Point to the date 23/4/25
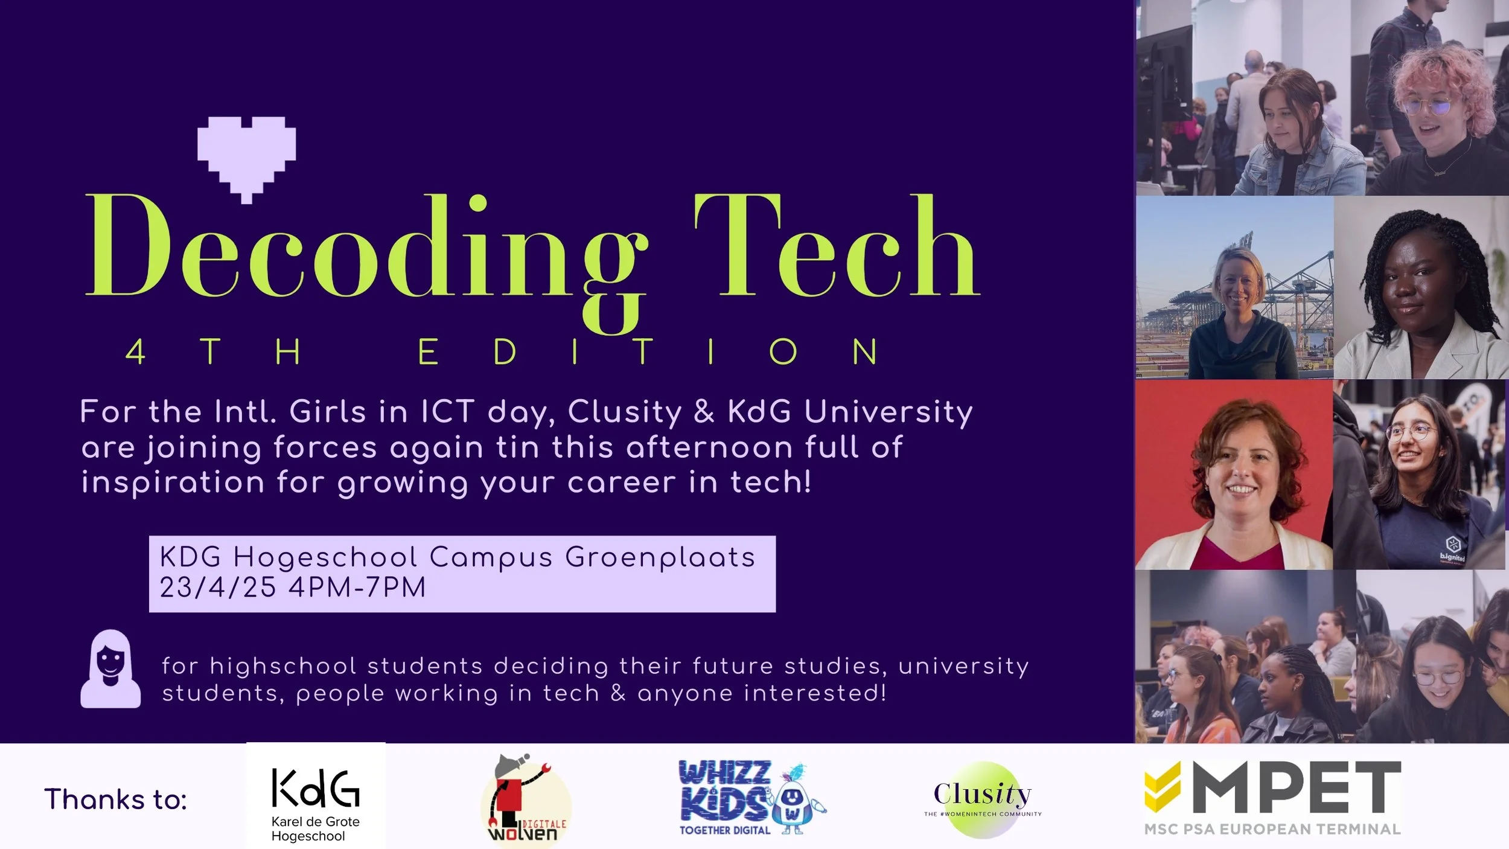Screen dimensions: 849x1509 coord(217,588)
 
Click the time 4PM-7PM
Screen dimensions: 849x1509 coord(357,588)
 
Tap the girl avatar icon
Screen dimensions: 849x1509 coord(110,669)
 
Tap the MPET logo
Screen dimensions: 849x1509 coord(1272,797)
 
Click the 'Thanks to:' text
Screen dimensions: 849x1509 coord(115,799)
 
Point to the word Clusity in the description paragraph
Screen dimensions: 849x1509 coord(624,412)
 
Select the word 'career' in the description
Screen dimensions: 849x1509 coord(622,482)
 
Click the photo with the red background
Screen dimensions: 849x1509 coord(1234,475)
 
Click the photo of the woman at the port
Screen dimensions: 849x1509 coord(1234,288)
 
